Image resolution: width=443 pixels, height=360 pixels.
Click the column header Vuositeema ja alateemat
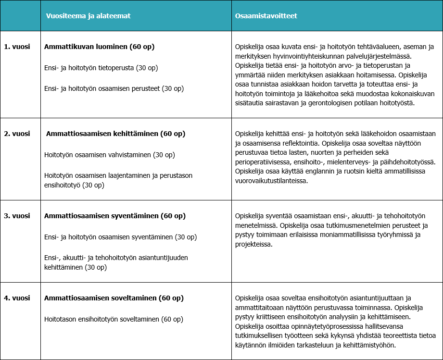tap(88, 16)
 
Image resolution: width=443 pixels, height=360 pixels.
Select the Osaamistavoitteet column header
tap(266, 16)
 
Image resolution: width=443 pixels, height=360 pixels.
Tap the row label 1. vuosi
tap(17, 47)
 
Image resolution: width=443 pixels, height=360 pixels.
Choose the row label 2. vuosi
tap(17, 134)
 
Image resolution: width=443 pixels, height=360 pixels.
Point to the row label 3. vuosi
tap(17, 216)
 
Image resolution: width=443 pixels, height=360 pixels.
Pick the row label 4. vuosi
tap(17, 298)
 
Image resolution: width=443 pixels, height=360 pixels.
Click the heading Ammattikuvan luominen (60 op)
tap(99, 47)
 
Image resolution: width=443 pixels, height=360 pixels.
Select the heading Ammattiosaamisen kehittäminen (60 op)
tap(115, 134)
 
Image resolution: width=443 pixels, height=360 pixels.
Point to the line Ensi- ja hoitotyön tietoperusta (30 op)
tap(101, 68)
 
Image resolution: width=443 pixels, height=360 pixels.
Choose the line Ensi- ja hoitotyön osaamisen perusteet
tap(114, 88)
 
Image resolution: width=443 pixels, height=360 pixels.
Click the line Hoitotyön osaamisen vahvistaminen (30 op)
tap(109, 155)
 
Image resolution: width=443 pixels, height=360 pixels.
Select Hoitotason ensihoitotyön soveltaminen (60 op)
tap(114, 319)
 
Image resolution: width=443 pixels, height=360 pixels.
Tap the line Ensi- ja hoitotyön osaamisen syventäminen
tap(120, 237)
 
